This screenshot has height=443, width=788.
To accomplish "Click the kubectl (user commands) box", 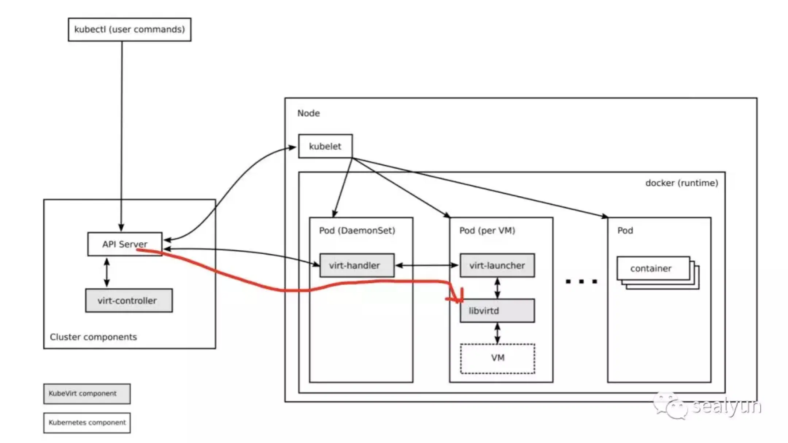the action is pyautogui.click(x=130, y=30).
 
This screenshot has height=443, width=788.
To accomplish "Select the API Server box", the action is pyautogui.click(x=125, y=244).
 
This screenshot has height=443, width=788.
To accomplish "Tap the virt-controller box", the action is pyautogui.click(x=129, y=300).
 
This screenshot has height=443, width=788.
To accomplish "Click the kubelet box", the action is pyautogui.click(x=325, y=146).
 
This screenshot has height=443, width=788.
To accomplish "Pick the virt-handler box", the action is pyautogui.click(x=357, y=265).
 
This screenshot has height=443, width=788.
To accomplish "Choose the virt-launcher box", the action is pyautogui.click(x=497, y=265).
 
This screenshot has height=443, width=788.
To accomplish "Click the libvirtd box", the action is pyautogui.click(x=497, y=311).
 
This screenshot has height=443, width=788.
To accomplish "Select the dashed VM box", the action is pyautogui.click(x=498, y=358).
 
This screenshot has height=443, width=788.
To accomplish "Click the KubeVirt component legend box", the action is pyautogui.click(x=87, y=393).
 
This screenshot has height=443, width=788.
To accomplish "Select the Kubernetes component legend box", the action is pyautogui.click(x=87, y=423).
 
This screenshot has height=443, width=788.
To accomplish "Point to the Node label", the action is pyautogui.click(x=309, y=113).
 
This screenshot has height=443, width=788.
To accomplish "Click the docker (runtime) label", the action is pyautogui.click(x=681, y=183).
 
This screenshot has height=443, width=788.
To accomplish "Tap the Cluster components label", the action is pyautogui.click(x=93, y=337).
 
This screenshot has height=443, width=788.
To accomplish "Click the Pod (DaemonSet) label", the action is pyautogui.click(x=357, y=230).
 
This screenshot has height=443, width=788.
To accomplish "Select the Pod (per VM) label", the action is pyautogui.click(x=487, y=230).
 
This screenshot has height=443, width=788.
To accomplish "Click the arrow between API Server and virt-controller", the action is pyautogui.click(x=107, y=272).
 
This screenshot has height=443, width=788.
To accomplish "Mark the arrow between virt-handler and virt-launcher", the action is pyautogui.click(x=427, y=265).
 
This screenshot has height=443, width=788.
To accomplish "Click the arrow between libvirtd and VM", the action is pyautogui.click(x=497, y=333).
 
